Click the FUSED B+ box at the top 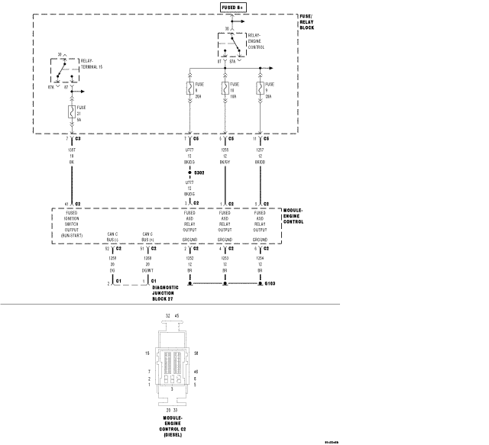coord(233,7)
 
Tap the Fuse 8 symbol coord(189,88)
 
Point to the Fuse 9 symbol coord(261,88)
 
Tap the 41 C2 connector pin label coord(72,204)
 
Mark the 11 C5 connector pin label coord(261,139)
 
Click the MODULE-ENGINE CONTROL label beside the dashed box coord(293,216)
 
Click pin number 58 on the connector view coord(197,353)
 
